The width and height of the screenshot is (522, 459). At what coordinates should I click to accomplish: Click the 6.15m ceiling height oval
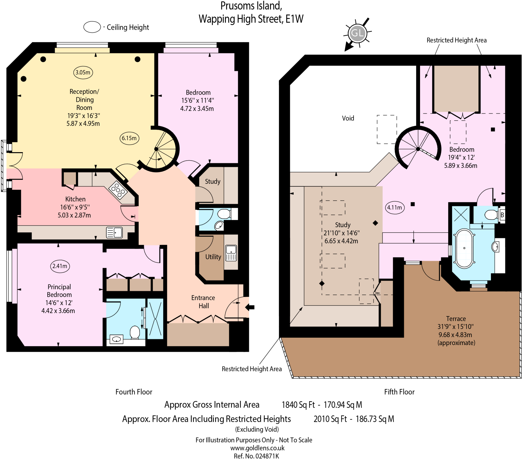point(129,138)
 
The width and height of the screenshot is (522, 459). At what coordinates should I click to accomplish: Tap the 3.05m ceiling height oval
point(83,73)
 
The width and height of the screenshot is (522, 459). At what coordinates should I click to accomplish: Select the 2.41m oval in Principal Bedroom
point(60,266)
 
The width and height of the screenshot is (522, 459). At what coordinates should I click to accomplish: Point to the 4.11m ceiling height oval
point(395,208)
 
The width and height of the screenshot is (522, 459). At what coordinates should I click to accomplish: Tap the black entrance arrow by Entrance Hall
point(250,307)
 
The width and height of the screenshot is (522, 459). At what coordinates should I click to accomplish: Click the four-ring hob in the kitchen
point(118,190)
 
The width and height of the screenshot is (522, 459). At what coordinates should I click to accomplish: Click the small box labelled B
point(502,215)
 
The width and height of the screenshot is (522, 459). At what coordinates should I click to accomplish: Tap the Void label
point(348,118)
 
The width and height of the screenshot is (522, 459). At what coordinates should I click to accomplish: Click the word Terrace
point(456,319)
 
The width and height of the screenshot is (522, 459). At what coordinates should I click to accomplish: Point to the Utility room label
point(213,257)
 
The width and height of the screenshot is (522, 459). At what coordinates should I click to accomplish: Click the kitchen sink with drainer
point(114,233)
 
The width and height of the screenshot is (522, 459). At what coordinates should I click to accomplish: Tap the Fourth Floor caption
point(134,392)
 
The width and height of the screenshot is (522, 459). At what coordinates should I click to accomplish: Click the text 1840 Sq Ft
point(298,405)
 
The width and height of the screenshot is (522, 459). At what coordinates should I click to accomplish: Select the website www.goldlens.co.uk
point(257,448)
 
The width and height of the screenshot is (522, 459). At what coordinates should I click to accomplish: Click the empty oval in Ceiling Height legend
point(92,27)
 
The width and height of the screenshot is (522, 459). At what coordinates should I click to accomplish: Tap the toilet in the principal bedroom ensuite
point(135,332)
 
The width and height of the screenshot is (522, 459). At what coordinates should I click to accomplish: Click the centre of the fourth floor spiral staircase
point(156,149)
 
